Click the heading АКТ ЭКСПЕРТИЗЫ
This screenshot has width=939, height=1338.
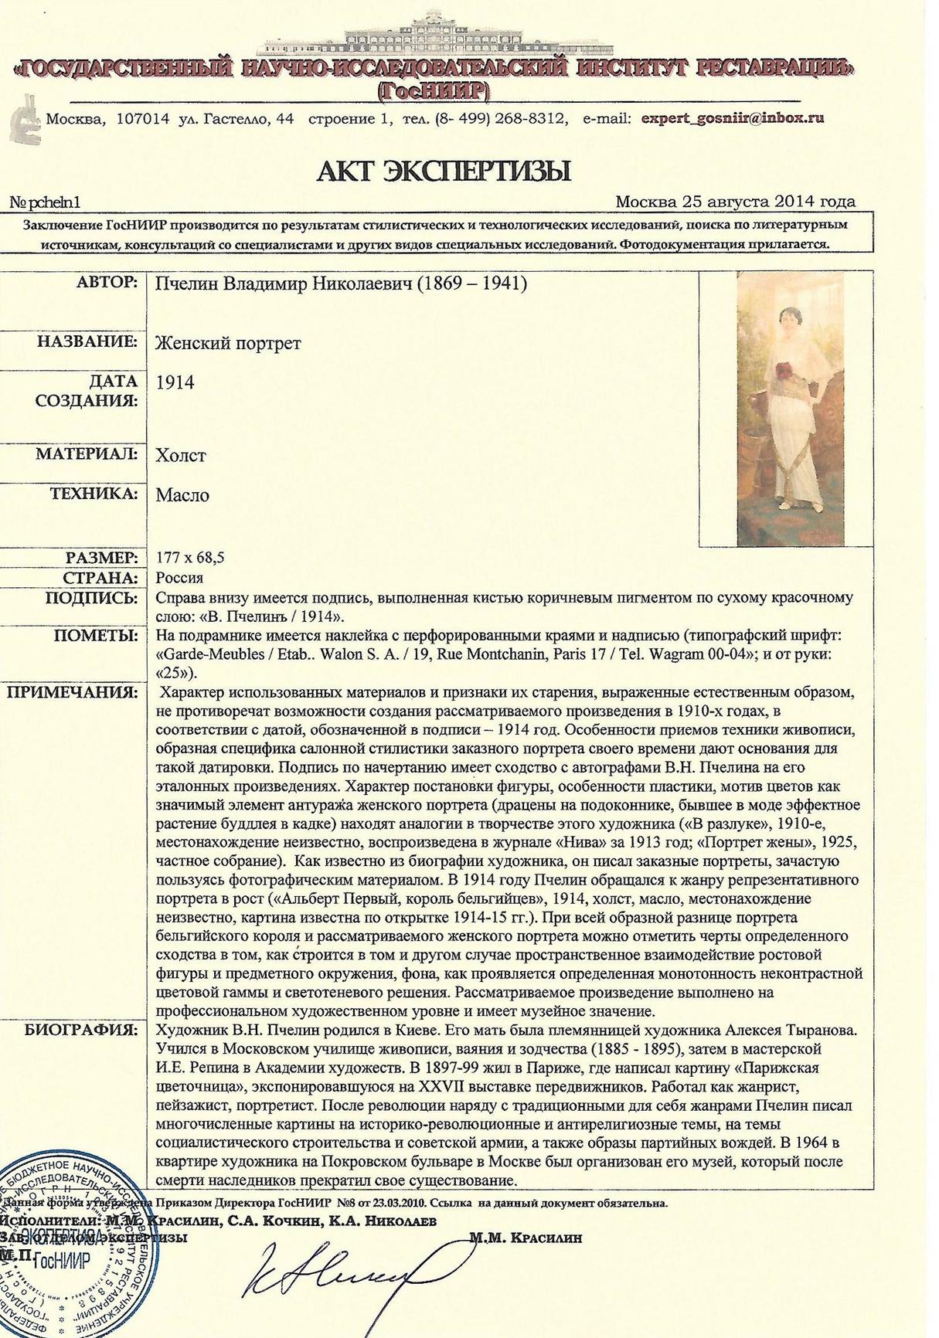444,171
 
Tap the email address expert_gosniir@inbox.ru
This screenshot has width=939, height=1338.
733,118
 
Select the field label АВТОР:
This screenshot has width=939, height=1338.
107,283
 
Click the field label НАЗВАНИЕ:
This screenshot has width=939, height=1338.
87,341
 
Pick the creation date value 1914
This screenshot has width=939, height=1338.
175,382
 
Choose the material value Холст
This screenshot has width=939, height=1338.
181,455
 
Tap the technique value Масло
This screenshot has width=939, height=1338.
182,495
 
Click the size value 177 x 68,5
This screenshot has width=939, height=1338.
190,558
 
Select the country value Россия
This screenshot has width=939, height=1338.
179,578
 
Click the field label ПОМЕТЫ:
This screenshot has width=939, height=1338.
96,636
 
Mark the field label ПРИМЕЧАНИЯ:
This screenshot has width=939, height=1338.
73,691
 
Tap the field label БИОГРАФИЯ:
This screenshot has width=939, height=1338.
81,1030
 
